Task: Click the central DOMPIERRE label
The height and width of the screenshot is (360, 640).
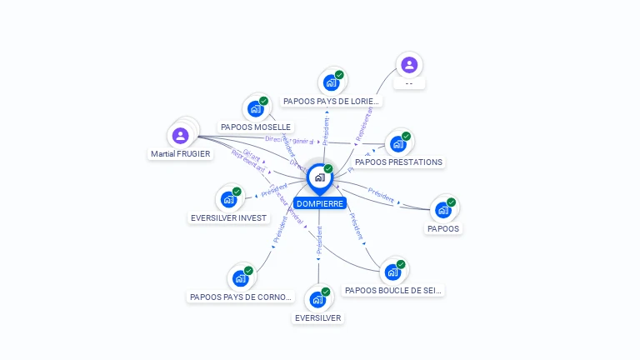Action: point(320,203)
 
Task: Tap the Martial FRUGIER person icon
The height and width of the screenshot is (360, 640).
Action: point(181,135)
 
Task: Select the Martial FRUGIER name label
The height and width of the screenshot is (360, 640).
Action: point(181,154)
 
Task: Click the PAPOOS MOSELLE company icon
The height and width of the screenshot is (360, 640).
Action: point(255,108)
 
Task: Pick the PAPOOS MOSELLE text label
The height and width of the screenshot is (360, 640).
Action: point(256,127)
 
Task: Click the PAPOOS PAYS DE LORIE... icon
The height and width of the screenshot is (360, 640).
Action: point(331,82)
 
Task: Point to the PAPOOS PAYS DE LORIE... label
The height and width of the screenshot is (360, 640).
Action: point(332,102)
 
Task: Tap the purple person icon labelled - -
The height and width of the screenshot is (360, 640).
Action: point(408,65)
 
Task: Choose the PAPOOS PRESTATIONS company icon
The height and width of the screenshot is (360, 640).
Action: point(398,143)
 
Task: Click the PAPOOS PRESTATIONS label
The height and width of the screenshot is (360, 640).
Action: point(398,162)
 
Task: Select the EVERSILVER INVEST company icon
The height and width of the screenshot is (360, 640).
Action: point(228,199)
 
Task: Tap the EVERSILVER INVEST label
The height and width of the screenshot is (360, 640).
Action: point(229,218)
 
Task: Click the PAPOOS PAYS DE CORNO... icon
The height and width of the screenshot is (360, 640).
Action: point(241,277)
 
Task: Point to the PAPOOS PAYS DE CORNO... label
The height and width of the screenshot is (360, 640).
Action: point(242,297)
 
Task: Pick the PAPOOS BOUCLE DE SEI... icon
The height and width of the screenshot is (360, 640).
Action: point(392,272)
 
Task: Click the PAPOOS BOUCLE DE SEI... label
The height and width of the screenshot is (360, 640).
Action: point(393,291)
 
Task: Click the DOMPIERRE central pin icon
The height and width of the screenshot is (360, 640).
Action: point(319,177)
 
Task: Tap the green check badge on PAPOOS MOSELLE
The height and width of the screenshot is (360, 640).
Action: point(263,101)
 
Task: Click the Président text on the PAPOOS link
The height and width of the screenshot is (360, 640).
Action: point(381,197)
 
